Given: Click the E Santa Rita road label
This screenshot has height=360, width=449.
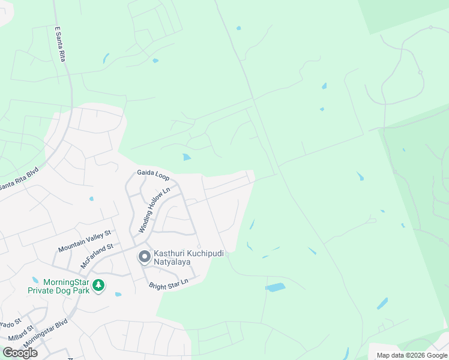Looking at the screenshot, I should [59, 43].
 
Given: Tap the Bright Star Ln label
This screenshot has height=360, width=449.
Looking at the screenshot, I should [169, 282].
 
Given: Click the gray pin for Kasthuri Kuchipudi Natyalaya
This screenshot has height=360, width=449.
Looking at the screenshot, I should [145, 257].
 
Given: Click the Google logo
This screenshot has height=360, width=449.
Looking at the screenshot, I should [20, 353].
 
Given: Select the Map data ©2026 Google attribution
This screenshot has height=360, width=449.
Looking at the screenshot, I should [412, 355].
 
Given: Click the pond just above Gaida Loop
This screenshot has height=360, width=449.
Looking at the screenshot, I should [187, 157].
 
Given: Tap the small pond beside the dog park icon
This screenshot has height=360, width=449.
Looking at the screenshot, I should [118, 294].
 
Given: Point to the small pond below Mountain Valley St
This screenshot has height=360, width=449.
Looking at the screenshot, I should [91, 199].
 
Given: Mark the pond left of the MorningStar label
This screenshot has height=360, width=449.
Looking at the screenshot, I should [35, 280].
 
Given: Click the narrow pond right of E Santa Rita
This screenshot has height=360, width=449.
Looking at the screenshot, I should [106, 58].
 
